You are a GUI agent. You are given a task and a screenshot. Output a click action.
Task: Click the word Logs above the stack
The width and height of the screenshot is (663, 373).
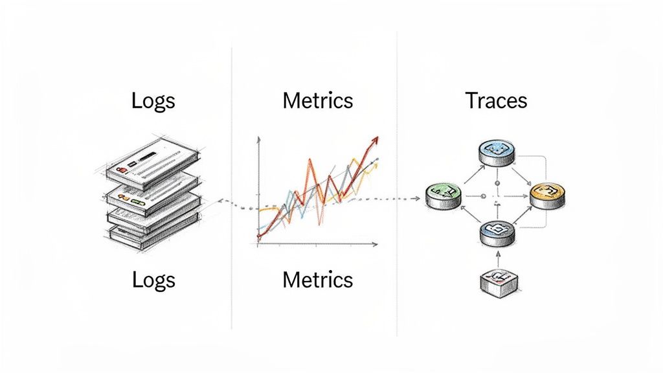pyautogui.click(x=153, y=101)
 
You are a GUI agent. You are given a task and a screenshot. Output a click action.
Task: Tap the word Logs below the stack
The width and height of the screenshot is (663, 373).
pyautogui.click(x=153, y=280)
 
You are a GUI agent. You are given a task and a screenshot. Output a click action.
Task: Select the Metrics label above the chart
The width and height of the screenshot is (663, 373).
pyautogui.click(x=318, y=101)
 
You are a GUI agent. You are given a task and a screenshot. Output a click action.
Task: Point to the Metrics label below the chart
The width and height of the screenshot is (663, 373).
pyautogui.click(x=318, y=280)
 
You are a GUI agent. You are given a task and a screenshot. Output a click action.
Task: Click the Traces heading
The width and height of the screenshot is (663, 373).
pyautogui.click(x=496, y=101)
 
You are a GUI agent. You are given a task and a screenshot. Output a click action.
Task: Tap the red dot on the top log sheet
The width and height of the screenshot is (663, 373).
pyautogui.click(x=120, y=170)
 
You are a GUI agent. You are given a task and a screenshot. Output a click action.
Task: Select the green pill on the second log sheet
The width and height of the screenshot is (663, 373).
pyautogui.click(x=137, y=203)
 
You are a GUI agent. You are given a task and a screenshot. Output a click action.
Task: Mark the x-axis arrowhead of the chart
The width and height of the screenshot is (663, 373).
pyautogui.click(x=375, y=244)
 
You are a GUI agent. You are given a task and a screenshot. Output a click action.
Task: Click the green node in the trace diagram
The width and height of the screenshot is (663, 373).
pyautogui.click(x=444, y=195)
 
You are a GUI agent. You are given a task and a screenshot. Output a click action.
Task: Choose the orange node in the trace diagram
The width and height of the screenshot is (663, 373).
pyautogui.click(x=547, y=195)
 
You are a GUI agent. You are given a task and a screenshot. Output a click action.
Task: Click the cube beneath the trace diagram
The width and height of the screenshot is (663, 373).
pyautogui.click(x=499, y=281)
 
